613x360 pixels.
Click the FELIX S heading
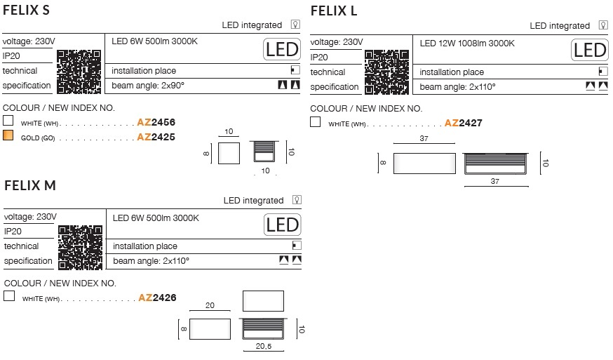pyautogui.click(x=26, y=10)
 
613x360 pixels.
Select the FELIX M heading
pyautogui.click(x=30, y=185)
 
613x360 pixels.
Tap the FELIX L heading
pyautogui.click(x=334, y=11)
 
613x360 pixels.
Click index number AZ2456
pyautogui.click(x=156, y=122)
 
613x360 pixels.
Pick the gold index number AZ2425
pyautogui.click(x=156, y=137)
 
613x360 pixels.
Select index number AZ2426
pyautogui.click(x=158, y=298)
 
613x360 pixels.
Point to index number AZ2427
pyautogui.click(x=464, y=123)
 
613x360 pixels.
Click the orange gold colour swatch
pyautogui.click(x=8, y=135)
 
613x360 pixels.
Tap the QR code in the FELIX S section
pyautogui.click(x=79, y=72)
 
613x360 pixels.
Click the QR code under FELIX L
pyautogui.click(x=387, y=72)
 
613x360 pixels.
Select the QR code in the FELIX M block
pyautogui.click(x=81, y=248)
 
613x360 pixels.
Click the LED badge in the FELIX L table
pyautogui.click(x=590, y=50)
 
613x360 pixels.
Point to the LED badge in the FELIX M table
pyautogui.click(x=282, y=225)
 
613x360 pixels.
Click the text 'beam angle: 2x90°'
pyautogui.click(x=148, y=86)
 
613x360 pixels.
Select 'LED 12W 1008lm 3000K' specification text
pyautogui.click(x=467, y=43)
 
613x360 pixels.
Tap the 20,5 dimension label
pyautogui.click(x=264, y=346)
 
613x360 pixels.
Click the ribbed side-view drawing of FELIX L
pyautogui.click(x=495, y=164)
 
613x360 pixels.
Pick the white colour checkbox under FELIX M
pyautogui.click(x=9, y=296)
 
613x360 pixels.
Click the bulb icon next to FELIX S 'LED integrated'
pyautogui.click(x=295, y=25)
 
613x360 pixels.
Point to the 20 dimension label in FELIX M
pyautogui.click(x=210, y=305)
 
